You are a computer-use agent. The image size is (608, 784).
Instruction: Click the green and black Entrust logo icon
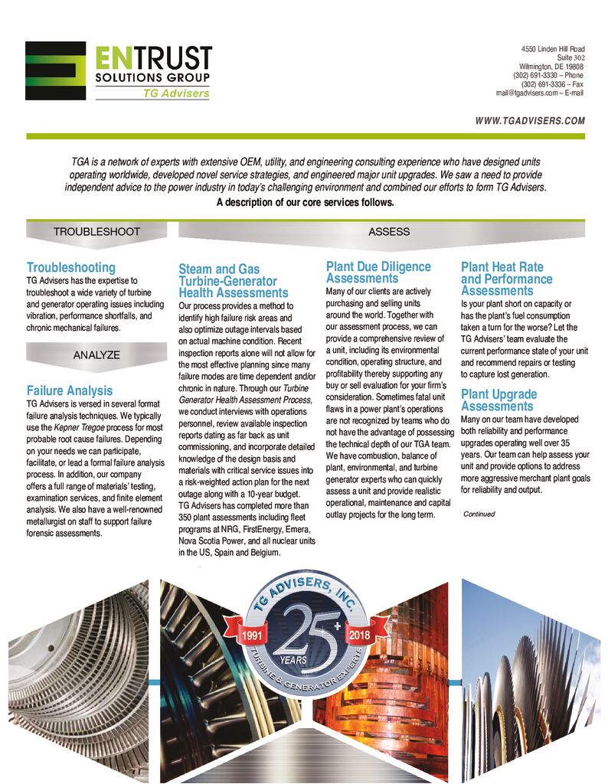[x=55, y=70]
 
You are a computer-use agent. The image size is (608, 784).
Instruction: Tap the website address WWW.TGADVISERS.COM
[x=530, y=121]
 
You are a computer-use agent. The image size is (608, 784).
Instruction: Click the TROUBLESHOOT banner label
[x=96, y=231]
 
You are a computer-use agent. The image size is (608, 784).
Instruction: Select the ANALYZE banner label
[x=96, y=354]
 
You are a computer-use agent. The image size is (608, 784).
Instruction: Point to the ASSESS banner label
[x=389, y=231]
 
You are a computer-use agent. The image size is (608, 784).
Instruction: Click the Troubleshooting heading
[x=71, y=267]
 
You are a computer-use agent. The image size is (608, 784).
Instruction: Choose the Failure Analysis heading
[x=70, y=390]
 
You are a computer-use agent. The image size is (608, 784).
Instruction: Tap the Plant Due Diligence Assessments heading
[x=378, y=273]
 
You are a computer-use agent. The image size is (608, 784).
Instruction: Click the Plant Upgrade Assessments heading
[x=498, y=400]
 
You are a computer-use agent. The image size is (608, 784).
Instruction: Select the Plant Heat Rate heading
[x=502, y=267]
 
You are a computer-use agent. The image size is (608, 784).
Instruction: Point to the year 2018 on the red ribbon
[x=358, y=635]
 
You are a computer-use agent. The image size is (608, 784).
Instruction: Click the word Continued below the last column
[x=479, y=514]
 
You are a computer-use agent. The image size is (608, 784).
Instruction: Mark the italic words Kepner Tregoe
[x=74, y=426]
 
